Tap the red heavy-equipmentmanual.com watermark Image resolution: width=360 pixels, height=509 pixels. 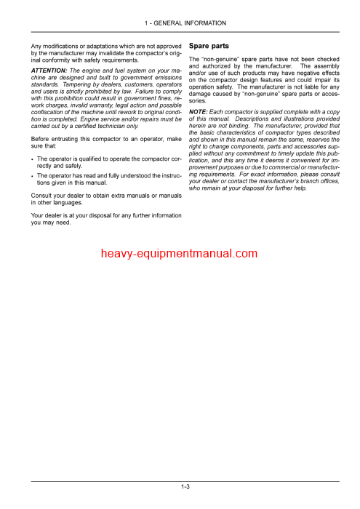coord(180,254)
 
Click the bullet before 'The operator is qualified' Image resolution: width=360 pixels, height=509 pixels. coord(33,159)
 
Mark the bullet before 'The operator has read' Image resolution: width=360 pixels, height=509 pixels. coord(33,176)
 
